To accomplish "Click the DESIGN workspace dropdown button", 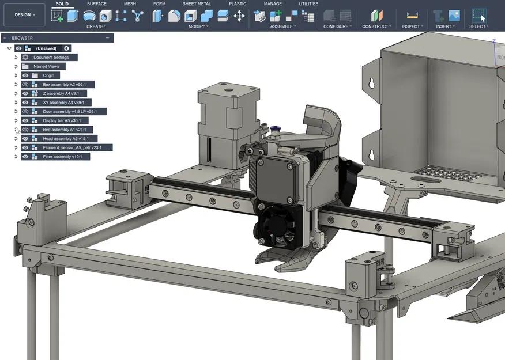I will click(x=24, y=15).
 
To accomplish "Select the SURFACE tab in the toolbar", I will click(x=96, y=4).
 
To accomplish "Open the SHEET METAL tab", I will click(x=197, y=4).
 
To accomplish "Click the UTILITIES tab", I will click(x=308, y=4).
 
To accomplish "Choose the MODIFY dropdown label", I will click(x=198, y=26).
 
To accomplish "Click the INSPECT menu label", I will click(x=412, y=26).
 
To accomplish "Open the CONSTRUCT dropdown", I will click(x=376, y=26).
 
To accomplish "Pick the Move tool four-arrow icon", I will click(x=239, y=16).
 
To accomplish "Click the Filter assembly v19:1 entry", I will click(x=62, y=157).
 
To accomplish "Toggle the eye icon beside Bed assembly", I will click(x=25, y=130).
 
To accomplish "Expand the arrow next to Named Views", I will click(x=16, y=67).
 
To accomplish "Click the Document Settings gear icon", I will click(x=25, y=58).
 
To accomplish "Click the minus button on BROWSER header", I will click(x=107, y=38).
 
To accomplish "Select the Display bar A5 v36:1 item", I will click(x=61, y=121).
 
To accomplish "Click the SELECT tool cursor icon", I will click(x=478, y=16).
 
